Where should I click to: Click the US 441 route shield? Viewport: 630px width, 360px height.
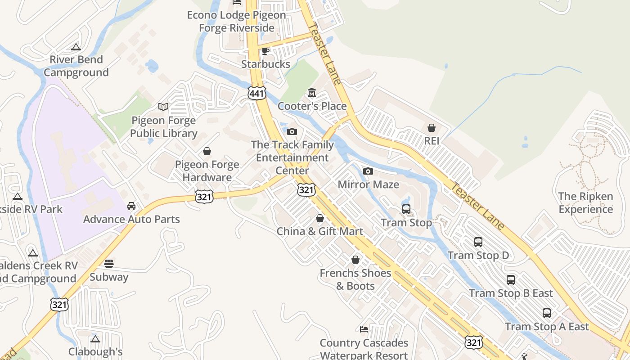(256, 93)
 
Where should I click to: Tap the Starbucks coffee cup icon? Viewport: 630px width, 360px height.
(265, 51)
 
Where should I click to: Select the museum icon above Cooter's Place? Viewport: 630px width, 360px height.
(311, 93)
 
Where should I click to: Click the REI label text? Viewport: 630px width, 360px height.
(431, 141)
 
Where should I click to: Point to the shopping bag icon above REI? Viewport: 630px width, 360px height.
(431, 128)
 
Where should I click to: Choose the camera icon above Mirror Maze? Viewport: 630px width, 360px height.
(368, 171)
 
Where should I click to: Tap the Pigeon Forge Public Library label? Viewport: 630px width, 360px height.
(164, 127)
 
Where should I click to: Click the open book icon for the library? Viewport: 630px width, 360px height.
(163, 107)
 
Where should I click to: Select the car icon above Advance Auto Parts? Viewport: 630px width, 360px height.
(131, 206)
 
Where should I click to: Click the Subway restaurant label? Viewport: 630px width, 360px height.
(109, 277)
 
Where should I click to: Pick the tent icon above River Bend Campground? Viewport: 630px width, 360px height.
(76, 46)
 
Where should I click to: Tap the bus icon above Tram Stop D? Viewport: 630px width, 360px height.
(478, 242)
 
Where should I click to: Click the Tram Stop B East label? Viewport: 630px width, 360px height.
(511, 293)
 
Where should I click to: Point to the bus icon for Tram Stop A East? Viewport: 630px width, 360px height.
(546, 313)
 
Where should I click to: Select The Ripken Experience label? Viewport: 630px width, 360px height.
(585, 202)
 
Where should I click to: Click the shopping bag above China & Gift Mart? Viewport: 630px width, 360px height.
(319, 218)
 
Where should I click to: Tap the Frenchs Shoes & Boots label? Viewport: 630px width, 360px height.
(355, 279)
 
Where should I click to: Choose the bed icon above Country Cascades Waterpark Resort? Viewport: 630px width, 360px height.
(364, 329)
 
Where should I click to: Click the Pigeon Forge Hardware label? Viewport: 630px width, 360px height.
(207, 171)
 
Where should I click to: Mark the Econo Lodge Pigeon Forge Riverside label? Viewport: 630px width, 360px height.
(237, 21)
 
